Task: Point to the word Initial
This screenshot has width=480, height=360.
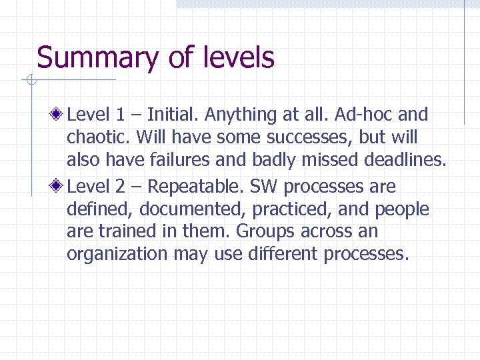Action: tap(173, 115)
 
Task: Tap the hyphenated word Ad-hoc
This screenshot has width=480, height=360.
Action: tap(365, 115)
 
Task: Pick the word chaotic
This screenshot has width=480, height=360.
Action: tap(99, 137)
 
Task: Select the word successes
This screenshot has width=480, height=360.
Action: tap(303, 138)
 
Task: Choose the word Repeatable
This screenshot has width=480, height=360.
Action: tap(205, 187)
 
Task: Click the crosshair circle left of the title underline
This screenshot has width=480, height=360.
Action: tap(31, 81)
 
